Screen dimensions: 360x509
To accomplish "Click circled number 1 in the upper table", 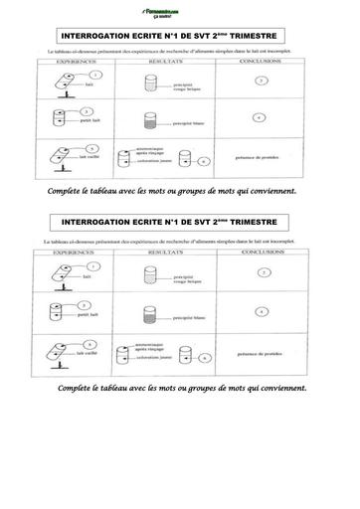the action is (93, 75).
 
